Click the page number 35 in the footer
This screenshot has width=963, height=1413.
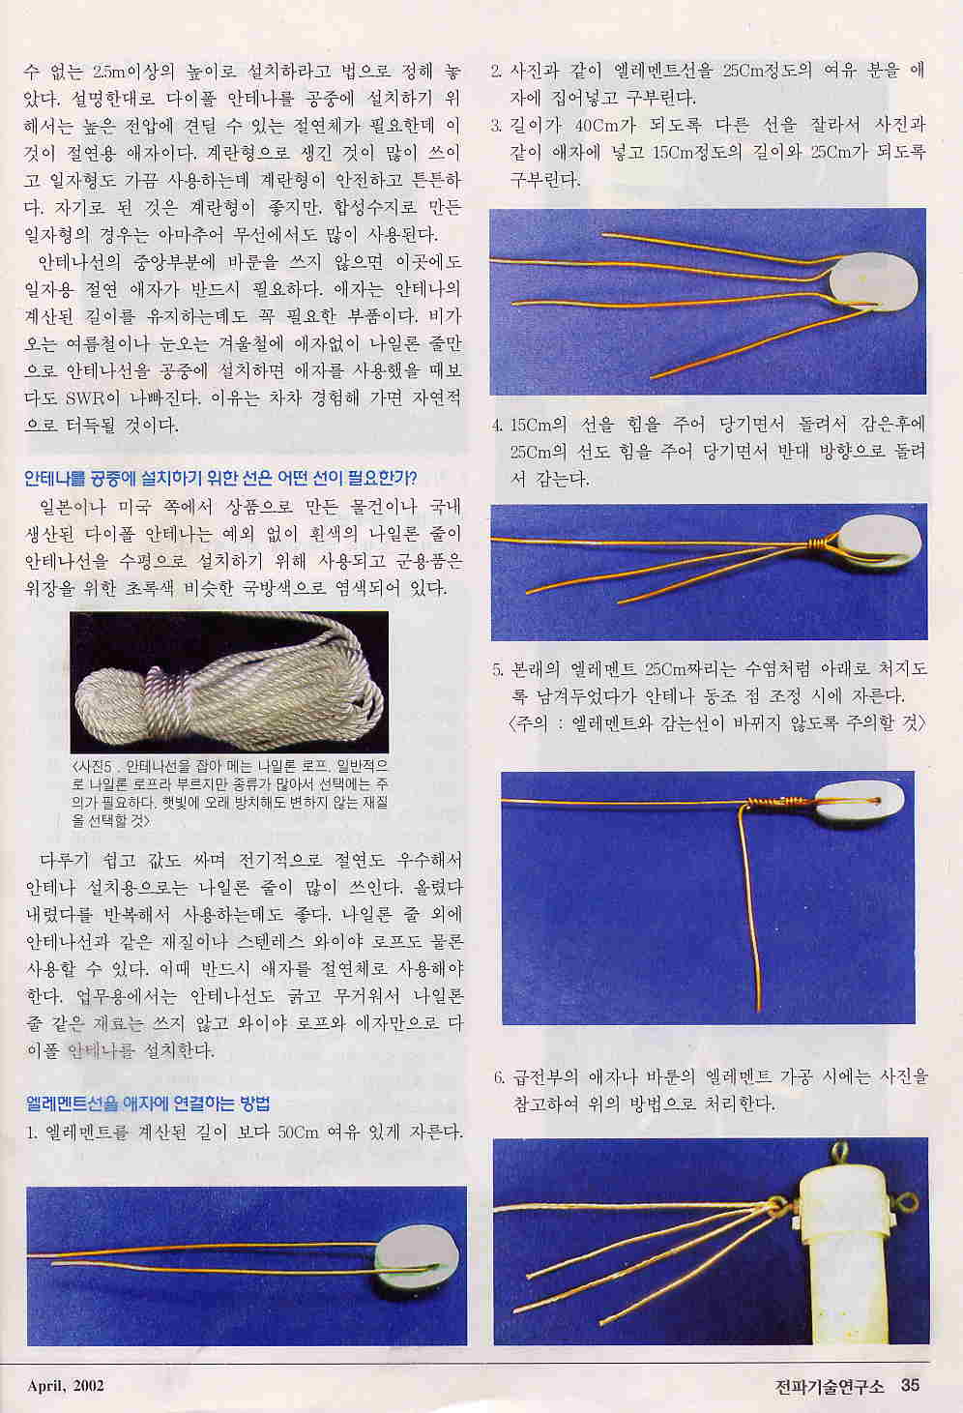click(911, 1385)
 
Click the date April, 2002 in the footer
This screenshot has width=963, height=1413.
click(65, 1385)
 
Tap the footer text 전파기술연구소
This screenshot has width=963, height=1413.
click(829, 1385)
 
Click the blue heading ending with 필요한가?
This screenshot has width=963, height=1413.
click(220, 478)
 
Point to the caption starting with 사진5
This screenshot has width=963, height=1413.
click(230, 794)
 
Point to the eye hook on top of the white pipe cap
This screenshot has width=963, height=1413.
click(840, 1153)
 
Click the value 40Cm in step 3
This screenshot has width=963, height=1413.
click(596, 125)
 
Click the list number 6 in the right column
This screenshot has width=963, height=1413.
click(499, 1076)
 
